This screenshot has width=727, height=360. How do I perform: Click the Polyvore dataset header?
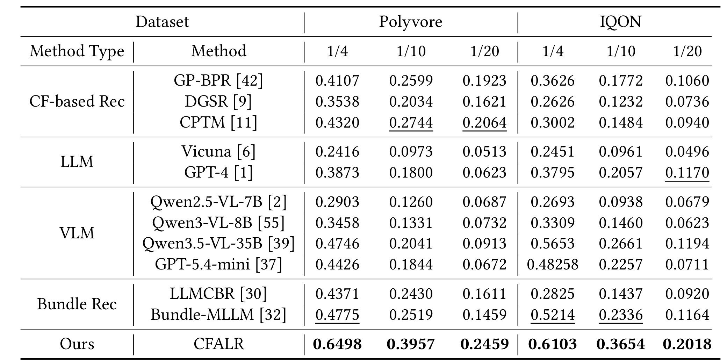(411, 22)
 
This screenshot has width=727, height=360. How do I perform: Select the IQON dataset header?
(621, 22)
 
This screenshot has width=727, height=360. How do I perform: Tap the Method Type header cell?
(77, 52)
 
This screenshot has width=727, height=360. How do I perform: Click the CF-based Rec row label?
(77, 101)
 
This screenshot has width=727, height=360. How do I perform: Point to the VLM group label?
(77, 233)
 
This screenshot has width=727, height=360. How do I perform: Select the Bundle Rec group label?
(77, 304)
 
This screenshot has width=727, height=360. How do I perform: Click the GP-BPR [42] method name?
(218, 81)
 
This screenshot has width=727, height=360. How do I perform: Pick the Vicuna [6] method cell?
(218, 152)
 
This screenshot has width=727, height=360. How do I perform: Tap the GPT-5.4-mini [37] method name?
(218, 264)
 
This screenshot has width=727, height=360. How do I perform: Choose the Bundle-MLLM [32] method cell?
(218, 315)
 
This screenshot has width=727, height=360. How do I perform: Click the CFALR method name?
(218, 344)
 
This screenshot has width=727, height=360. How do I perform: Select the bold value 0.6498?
(337, 344)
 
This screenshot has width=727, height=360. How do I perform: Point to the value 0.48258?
(553, 265)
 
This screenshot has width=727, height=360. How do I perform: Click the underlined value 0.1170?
(687, 173)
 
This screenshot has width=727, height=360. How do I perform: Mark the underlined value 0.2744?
(411, 123)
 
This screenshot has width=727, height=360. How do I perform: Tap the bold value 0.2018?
(687, 344)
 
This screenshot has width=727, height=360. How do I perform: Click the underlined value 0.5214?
(553, 315)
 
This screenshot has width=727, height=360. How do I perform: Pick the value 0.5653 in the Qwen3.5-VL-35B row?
(553, 244)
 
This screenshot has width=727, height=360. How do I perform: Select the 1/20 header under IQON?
(687, 52)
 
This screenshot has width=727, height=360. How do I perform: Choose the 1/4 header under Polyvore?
(337, 52)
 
